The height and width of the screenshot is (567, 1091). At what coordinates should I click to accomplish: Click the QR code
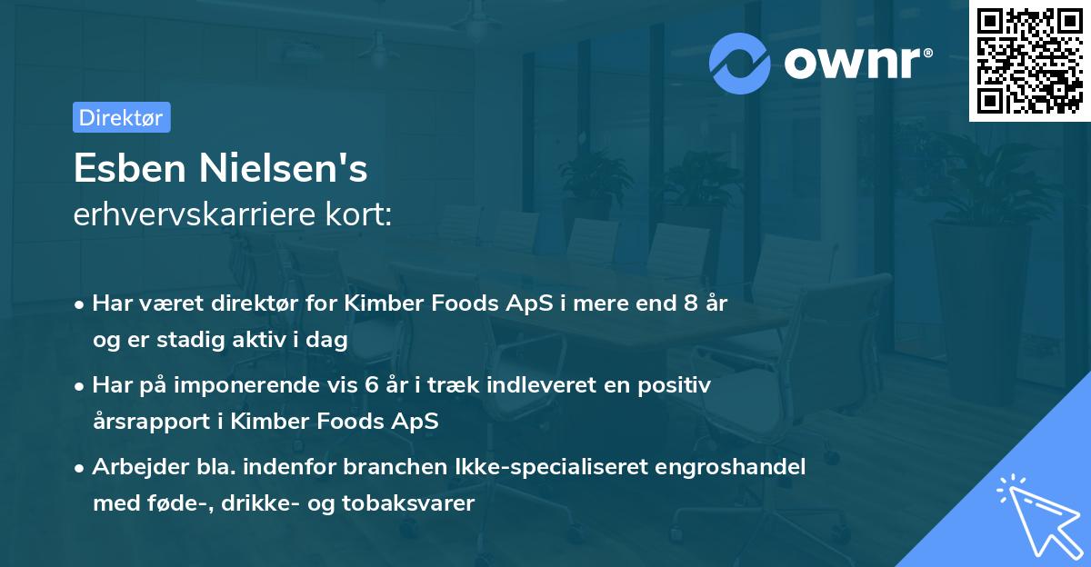[1029, 61]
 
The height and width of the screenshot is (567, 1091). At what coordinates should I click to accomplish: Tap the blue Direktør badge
[121, 117]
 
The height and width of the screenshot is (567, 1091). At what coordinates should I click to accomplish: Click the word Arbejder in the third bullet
[133, 467]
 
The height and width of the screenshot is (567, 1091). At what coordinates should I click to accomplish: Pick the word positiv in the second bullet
[677, 385]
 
